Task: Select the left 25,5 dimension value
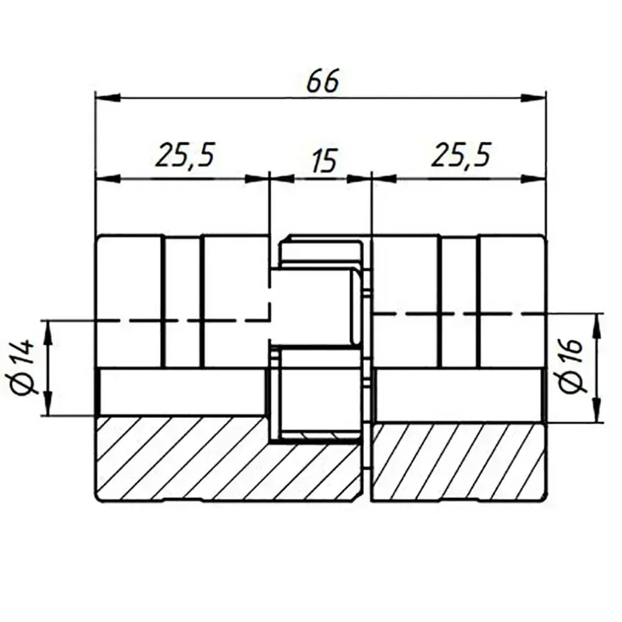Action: [186, 157]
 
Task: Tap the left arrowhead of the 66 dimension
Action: [107, 97]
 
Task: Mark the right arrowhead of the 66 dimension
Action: [534, 97]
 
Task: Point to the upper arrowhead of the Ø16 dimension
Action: [598, 325]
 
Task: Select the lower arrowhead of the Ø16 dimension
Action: [598, 411]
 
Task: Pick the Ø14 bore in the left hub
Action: [183, 392]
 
